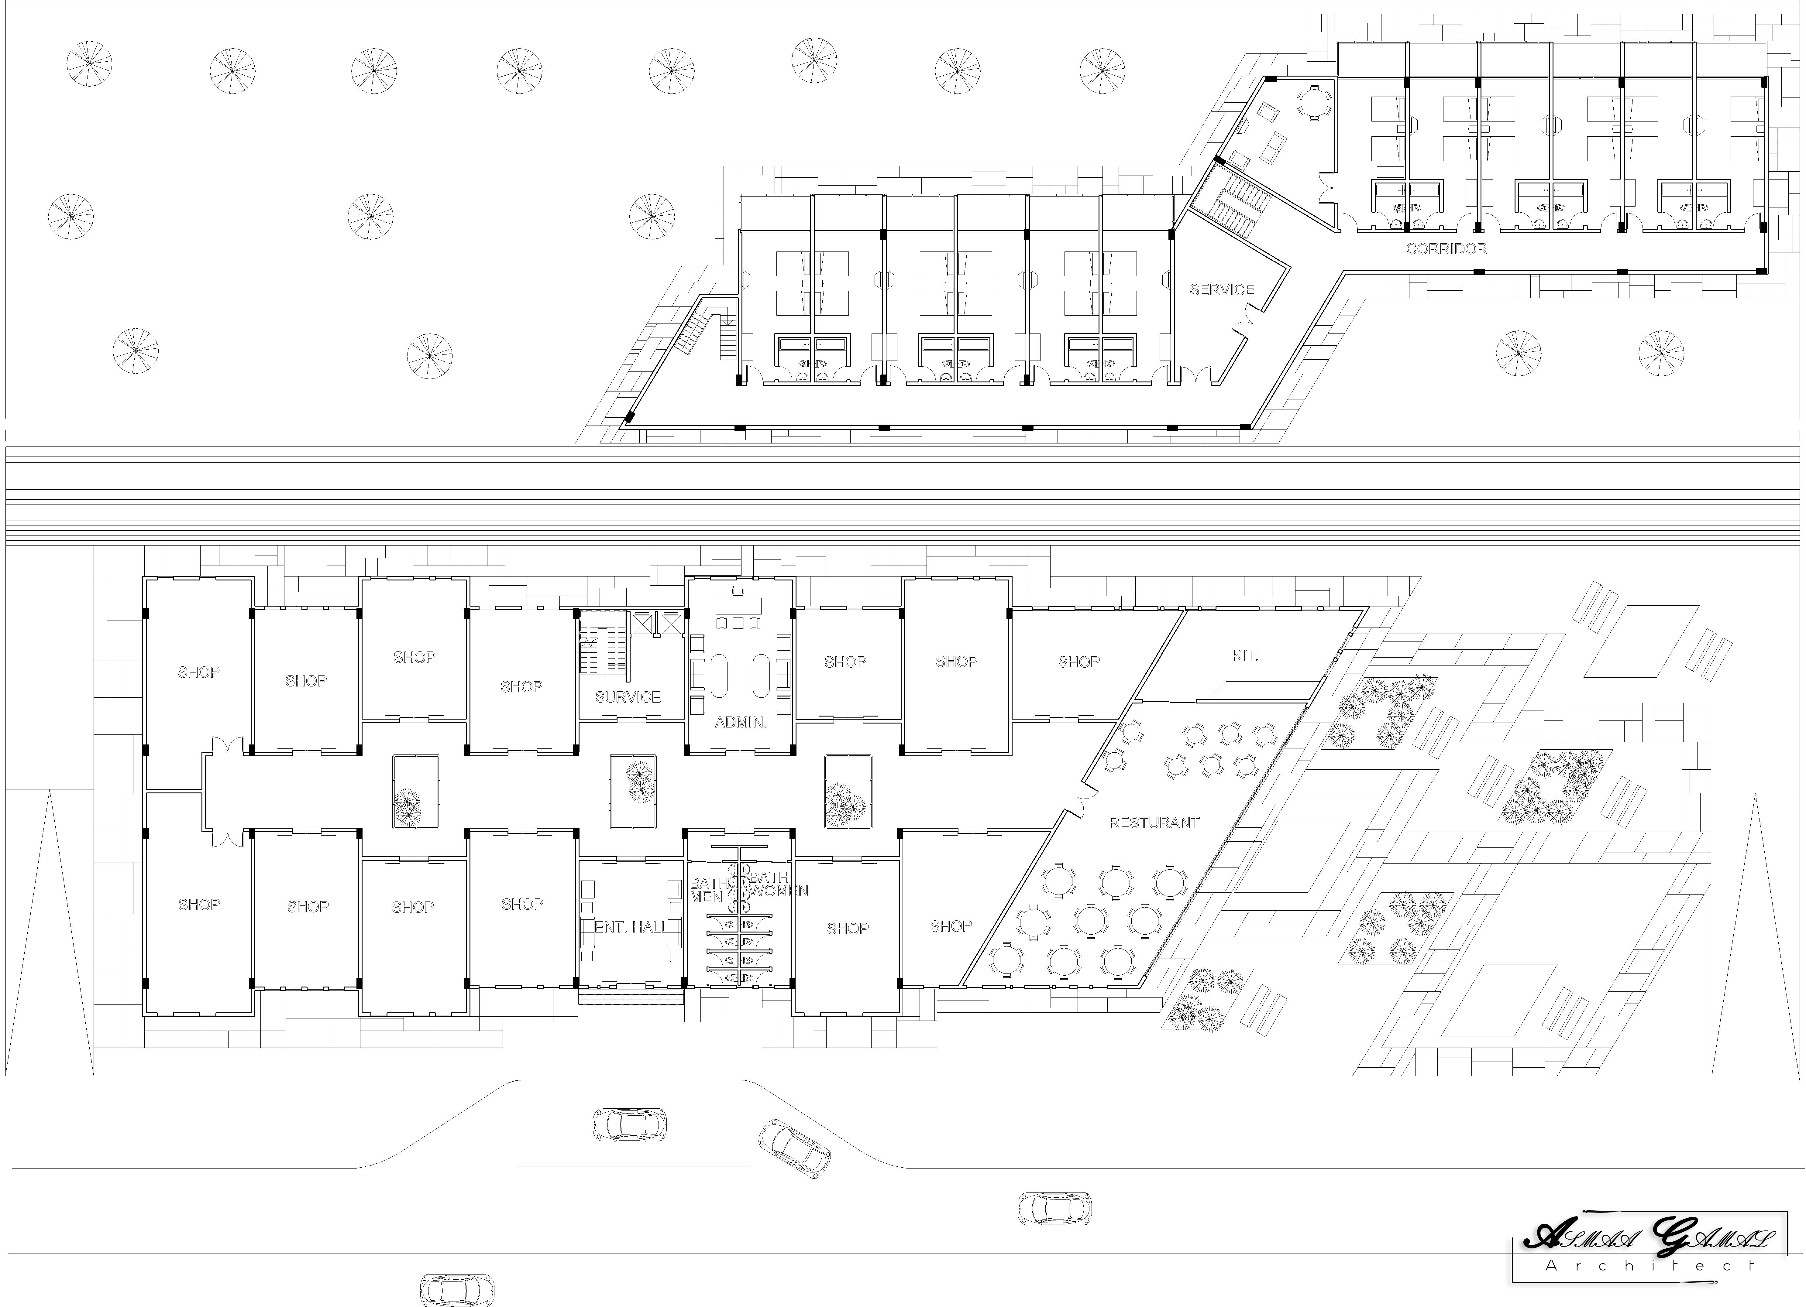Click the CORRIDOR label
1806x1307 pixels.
pos(1446,249)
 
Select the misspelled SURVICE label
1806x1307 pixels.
pos(628,697)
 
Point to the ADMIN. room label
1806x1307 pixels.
pos(741,723)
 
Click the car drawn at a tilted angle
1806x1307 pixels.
pos(794,1147)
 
